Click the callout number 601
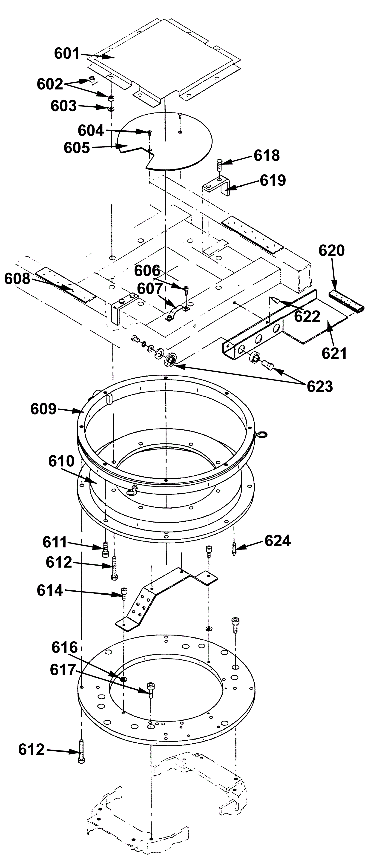(x=67, y=54)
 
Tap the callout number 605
(x=77, y=148)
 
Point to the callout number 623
(x=320, y=386)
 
